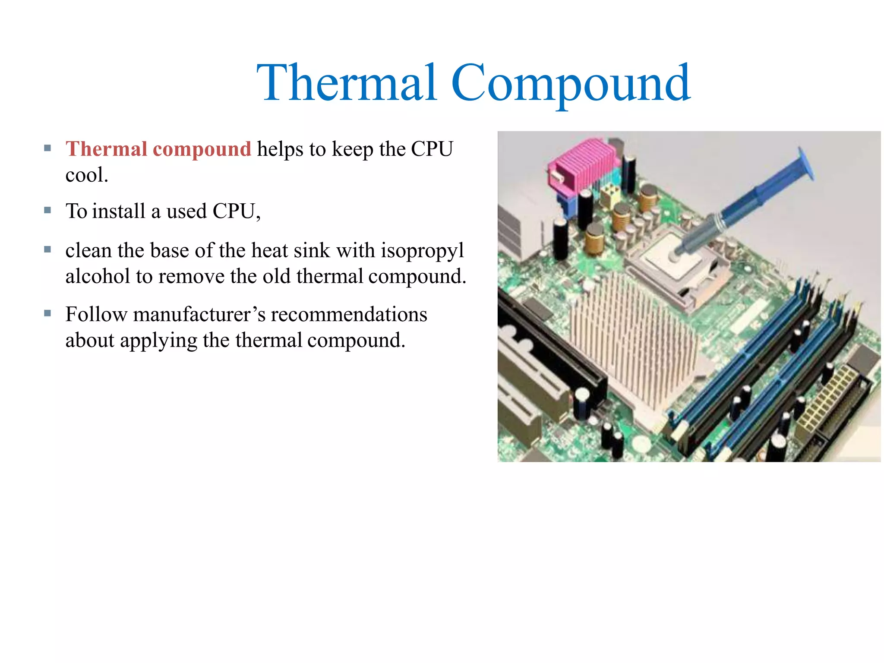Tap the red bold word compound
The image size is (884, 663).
[x=202, y=149]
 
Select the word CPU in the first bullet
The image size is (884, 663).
[x=432, y=149]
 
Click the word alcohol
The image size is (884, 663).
[x=98, y=276]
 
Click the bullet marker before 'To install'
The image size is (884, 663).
[x=47, y=211]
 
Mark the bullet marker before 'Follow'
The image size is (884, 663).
[x=47, y=313]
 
